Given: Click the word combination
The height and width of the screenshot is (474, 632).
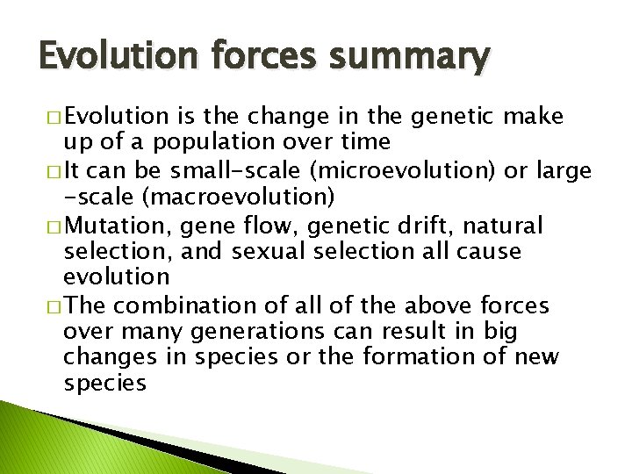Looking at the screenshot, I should pyautogui.click(x=185, y=306).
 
